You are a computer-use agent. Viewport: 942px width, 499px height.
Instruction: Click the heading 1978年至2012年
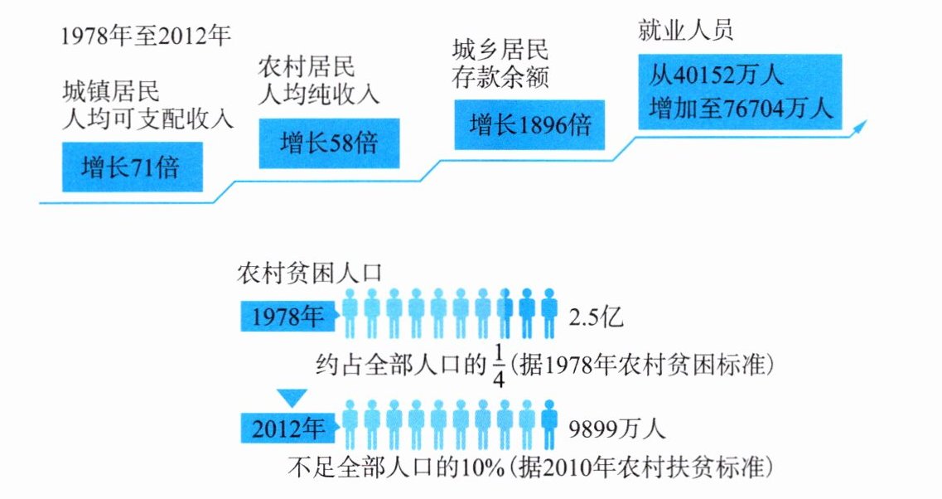(146, 37)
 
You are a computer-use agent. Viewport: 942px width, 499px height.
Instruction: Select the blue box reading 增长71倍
(132, 168)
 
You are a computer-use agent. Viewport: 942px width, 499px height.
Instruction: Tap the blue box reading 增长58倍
(329, 143)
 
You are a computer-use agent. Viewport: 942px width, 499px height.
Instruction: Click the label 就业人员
(685, 31)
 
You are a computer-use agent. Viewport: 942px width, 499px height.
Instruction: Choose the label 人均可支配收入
(148, 119)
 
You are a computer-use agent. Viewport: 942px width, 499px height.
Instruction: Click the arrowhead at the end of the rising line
(862, 124)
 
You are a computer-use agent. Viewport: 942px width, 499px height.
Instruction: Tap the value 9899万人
(617, 429)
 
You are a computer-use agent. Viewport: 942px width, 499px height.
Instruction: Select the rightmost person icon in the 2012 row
(548, 420)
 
